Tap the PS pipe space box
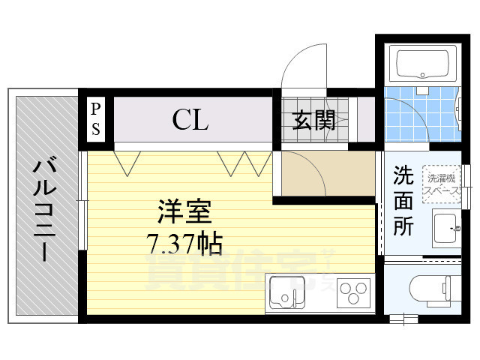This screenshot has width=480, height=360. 97,118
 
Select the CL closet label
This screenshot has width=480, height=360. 190,119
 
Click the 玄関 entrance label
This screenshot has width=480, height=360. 313,120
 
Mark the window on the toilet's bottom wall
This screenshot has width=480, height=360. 409,319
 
